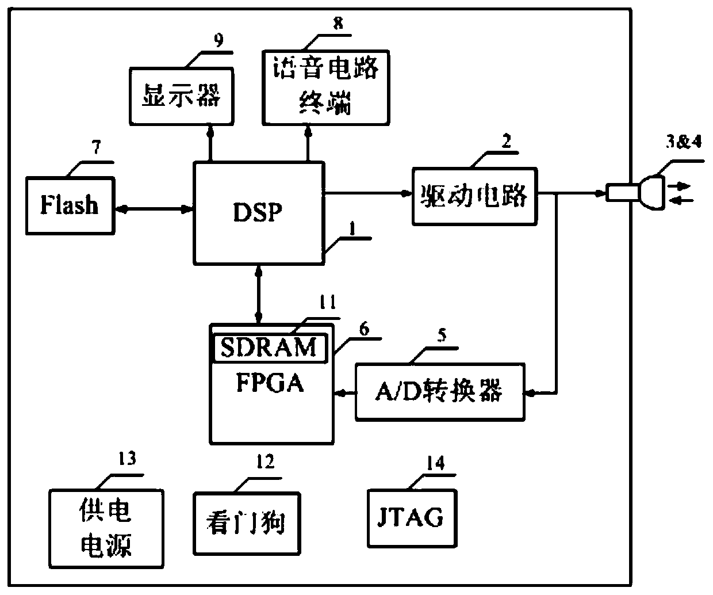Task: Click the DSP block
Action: [258, 213]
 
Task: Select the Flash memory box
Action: [70, 205]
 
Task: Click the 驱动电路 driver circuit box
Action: [474, 196]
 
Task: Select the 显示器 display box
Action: [181, 96]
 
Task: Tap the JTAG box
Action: [412, 517]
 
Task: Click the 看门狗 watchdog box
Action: [247, 522]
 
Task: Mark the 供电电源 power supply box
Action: [106, 528]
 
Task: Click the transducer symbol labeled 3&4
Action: [635, 191]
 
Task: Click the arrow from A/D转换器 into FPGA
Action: [344, 393]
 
